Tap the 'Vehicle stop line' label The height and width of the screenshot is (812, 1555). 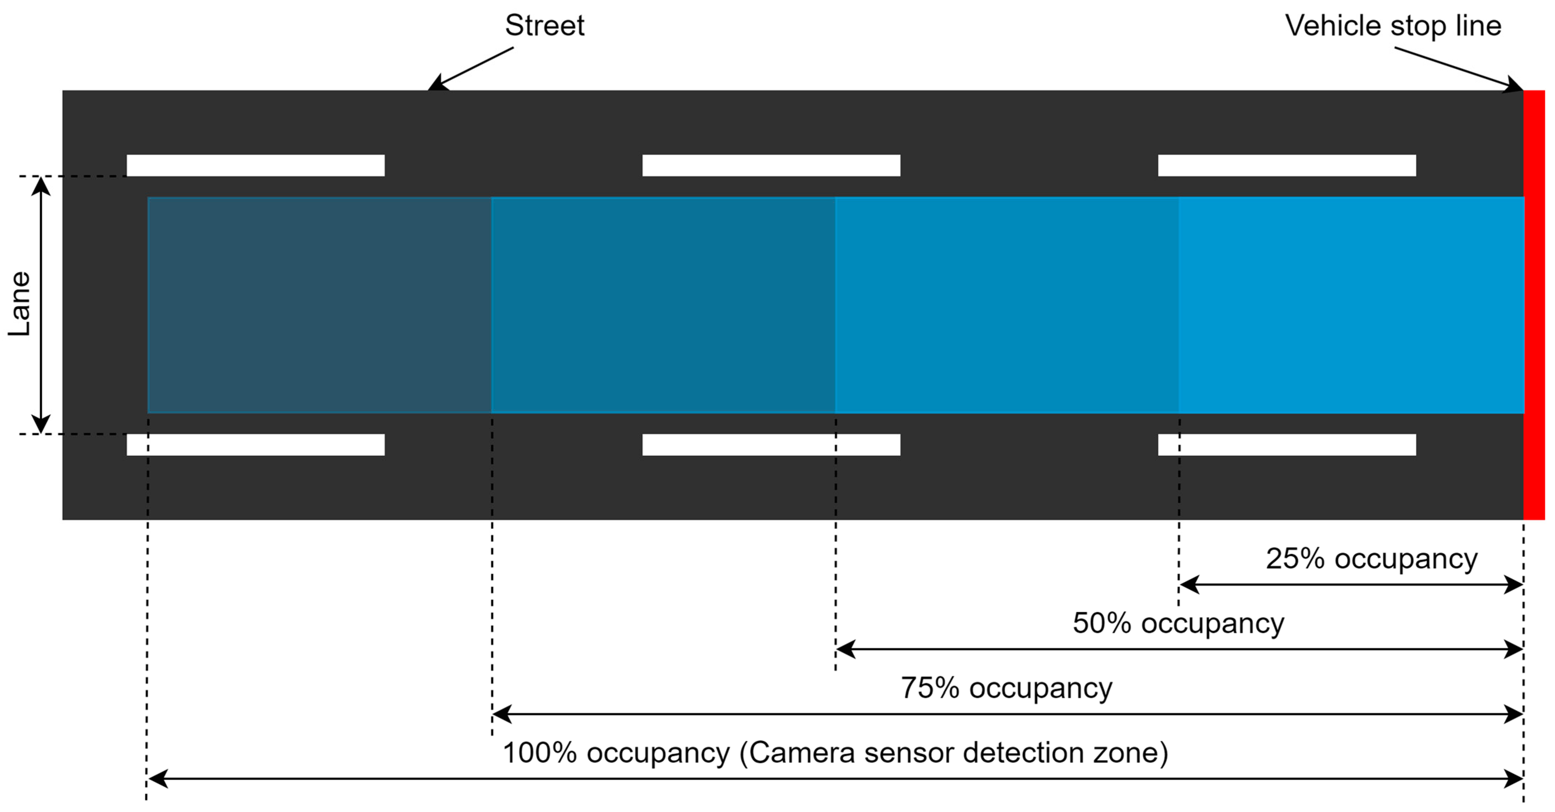1393,26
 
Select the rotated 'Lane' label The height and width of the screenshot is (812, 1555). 19,304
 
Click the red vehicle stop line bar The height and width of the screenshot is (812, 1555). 1534,305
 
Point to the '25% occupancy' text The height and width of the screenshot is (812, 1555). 1371,558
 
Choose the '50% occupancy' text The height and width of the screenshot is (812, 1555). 1178,623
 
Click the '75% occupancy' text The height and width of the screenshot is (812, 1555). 1006,688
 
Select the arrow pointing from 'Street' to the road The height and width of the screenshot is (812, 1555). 471,69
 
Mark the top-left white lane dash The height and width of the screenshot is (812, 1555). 255,166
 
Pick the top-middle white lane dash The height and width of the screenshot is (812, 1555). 771,166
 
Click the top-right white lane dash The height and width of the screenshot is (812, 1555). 1286,166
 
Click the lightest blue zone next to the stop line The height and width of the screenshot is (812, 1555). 1351,305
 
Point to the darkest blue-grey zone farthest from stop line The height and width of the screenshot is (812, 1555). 319,305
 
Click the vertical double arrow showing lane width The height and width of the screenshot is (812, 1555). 40,305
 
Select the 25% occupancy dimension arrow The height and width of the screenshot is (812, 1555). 1351,584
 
